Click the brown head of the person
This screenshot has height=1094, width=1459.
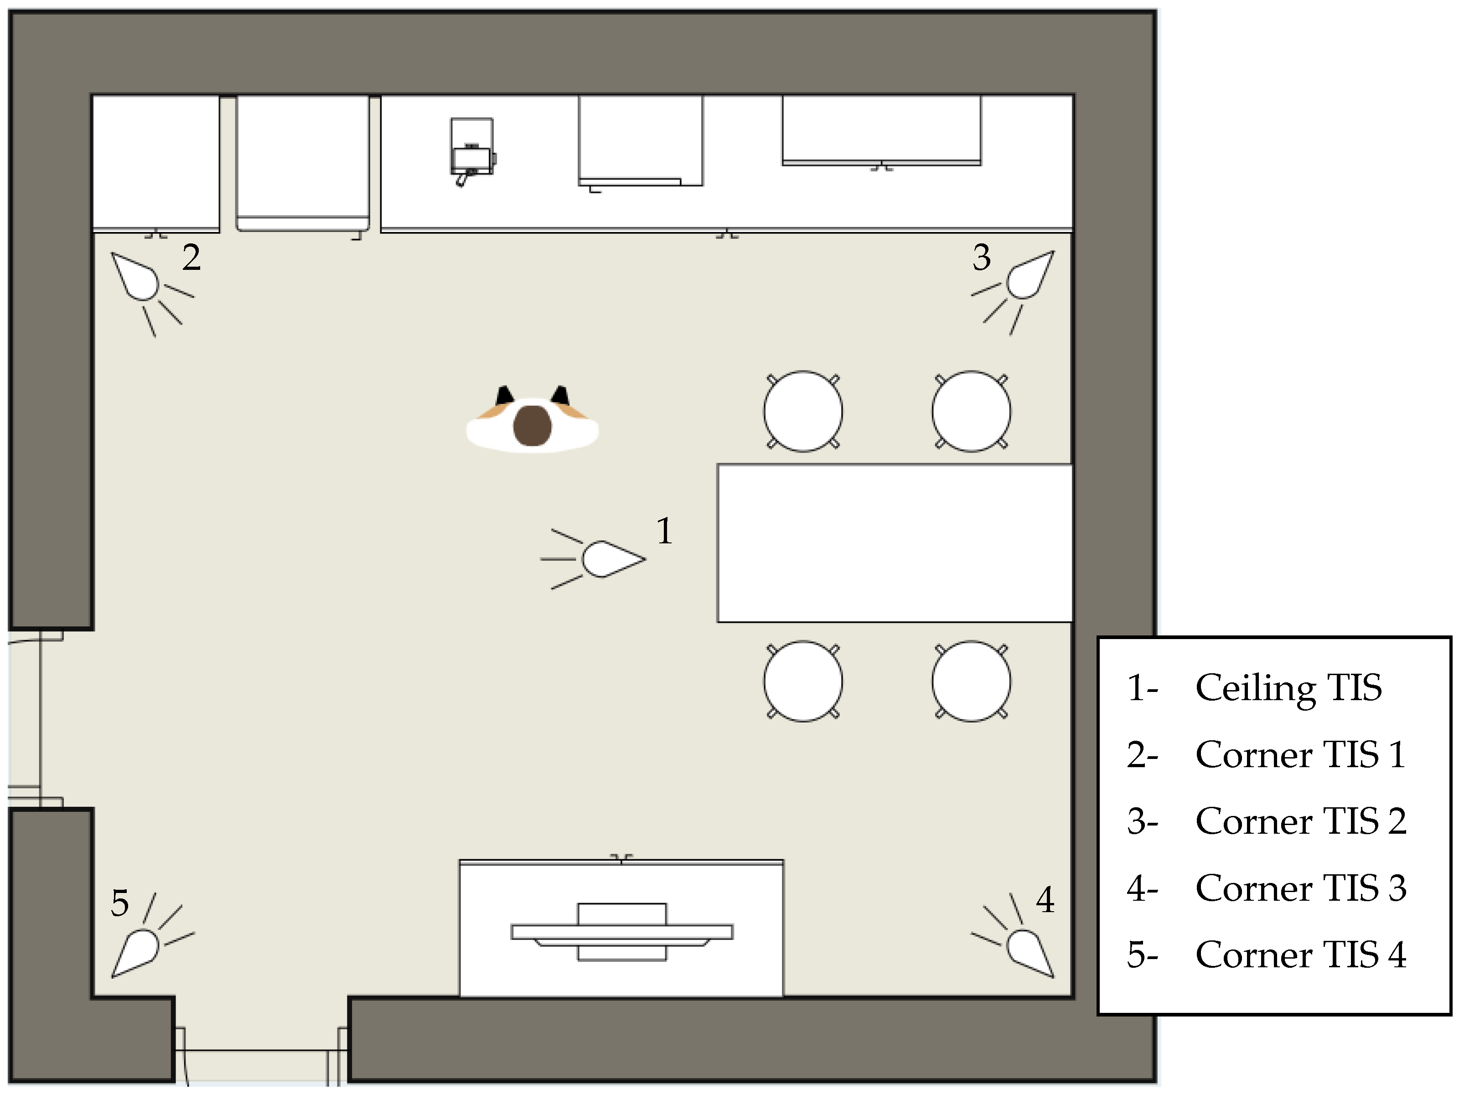coord(532,425)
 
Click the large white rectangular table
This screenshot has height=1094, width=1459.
coord(895,543)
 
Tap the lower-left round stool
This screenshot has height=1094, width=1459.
coord(803,681)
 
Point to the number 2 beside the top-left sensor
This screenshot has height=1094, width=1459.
coord(191,257)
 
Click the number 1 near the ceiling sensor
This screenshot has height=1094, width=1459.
coord(665,531)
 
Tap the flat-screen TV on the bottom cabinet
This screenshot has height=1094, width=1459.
coord(622,932)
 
